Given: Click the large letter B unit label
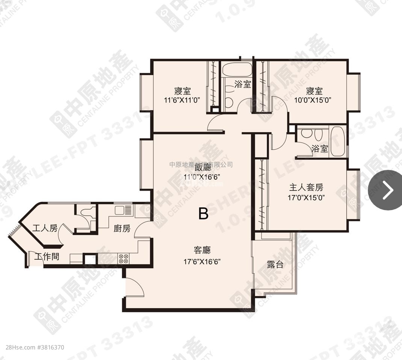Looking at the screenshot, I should click(x=203, y=213).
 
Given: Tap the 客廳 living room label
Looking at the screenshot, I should click(x=202, y=250).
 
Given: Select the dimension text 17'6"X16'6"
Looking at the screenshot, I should click(x=202, y=262).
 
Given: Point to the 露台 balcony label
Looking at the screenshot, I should click(x=275, y=264).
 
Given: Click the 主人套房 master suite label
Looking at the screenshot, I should click(x=306, y=187).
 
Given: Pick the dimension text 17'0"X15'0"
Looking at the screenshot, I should click(x=306, y=197).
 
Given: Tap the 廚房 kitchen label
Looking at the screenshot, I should click(x=122, y=228).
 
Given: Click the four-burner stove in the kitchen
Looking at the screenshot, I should click(x=124, y=258).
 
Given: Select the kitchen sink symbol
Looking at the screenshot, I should click(x=124, y=210).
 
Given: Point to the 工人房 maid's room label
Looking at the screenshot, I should click(x=45, y=228).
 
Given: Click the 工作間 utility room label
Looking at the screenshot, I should click(x=47, y=257).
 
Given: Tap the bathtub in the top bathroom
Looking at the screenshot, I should click(x=237, y=69).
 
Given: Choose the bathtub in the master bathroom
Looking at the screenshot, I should click(x=338, y=141).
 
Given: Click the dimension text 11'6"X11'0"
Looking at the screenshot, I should click(x=182, y=100).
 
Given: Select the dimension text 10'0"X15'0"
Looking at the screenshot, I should click(x=314, y=100).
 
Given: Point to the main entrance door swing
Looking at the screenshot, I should click(x=135, y=287).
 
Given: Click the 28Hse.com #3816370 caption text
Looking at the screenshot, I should click(x=32, y=348).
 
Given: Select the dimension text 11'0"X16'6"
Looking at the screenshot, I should click(x=202, y=177).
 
